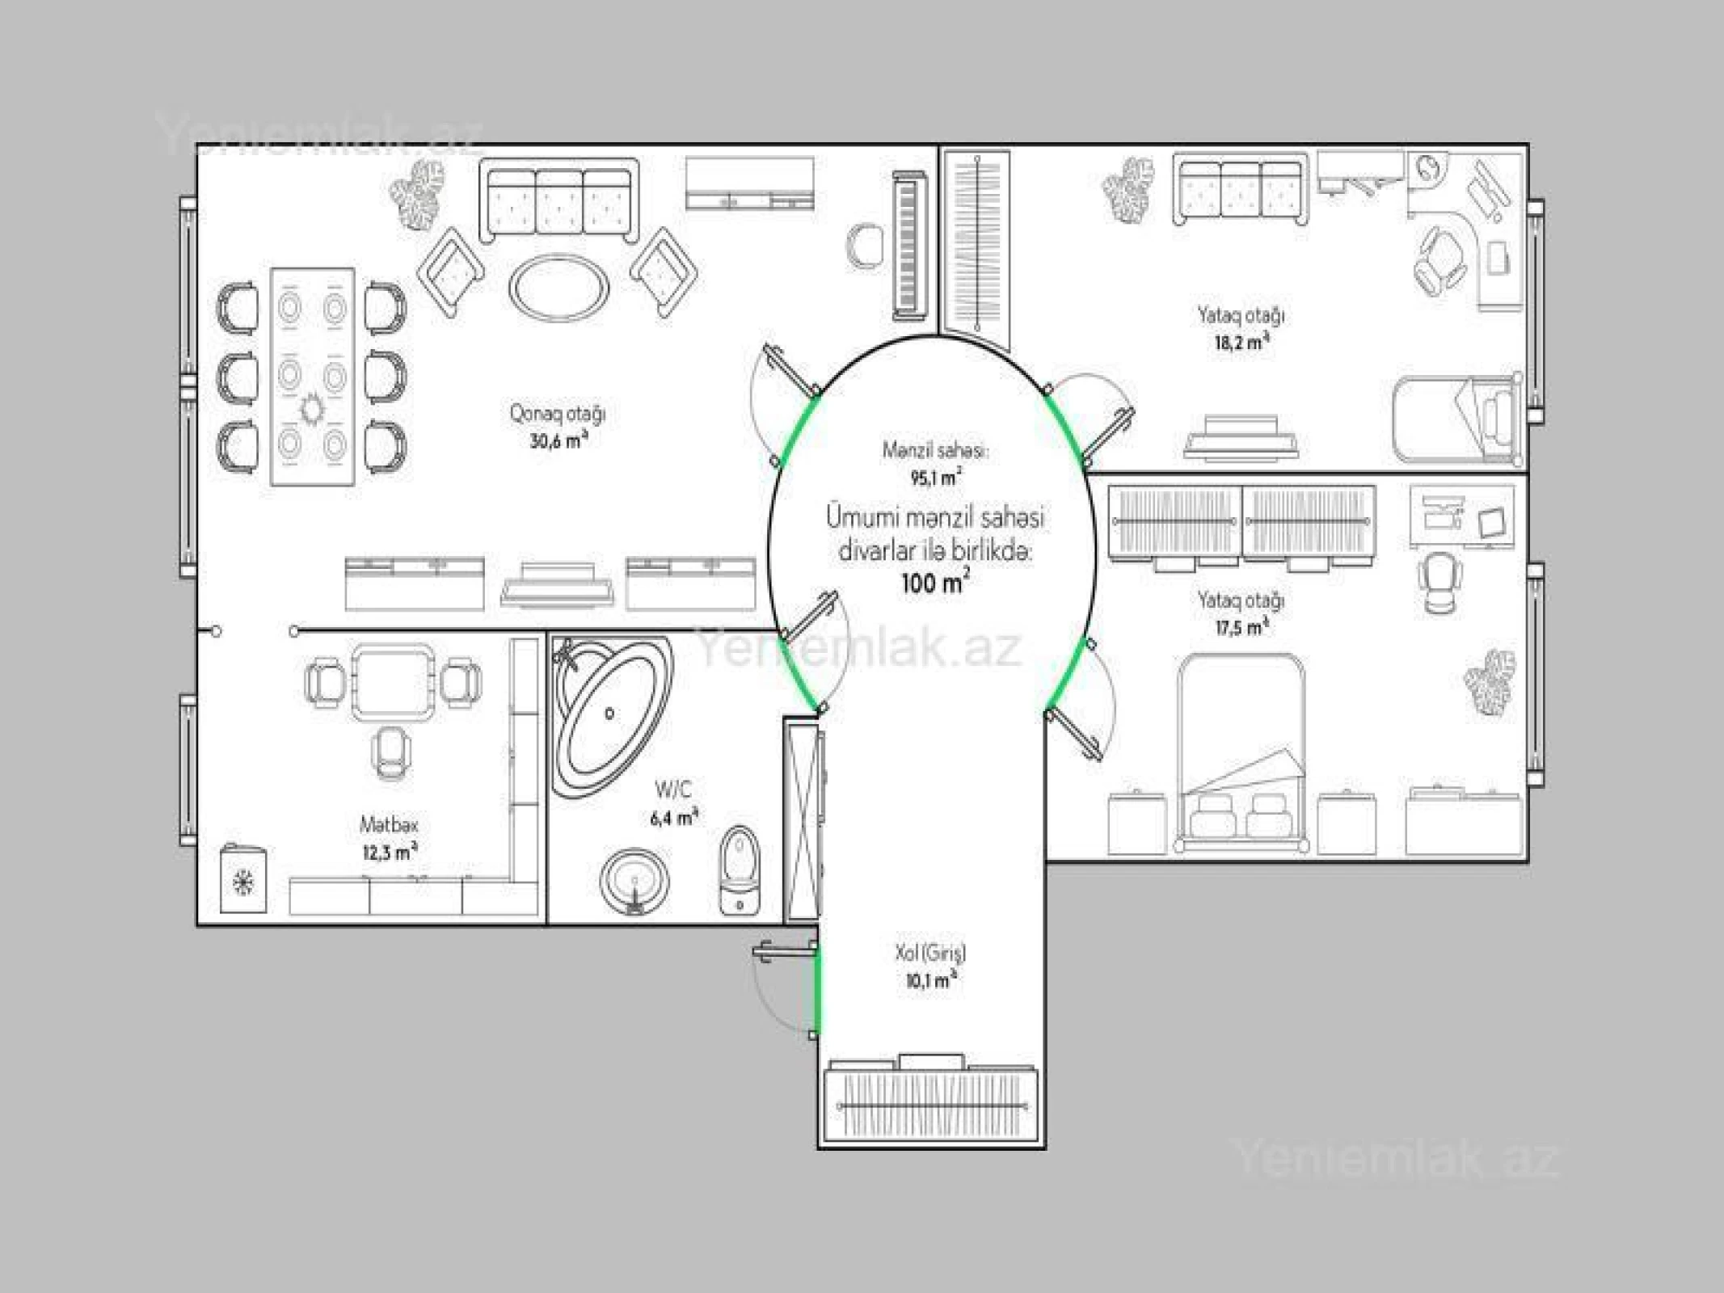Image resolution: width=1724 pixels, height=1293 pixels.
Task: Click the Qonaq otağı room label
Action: [x=557, y=414]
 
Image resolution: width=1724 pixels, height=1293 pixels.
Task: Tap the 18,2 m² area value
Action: [x=1241, y=342]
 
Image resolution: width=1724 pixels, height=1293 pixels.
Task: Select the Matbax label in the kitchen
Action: [x=389, y=825]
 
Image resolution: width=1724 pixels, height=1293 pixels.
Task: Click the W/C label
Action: [x=673, y=789]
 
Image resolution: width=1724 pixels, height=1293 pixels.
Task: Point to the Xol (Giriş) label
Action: [x=930, y=953]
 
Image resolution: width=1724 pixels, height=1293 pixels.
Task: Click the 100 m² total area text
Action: [x=935, y=582]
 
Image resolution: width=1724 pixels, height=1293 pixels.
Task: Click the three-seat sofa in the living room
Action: [x=559, y=202]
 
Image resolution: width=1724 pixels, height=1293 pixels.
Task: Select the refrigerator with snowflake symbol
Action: [x=243, y=880]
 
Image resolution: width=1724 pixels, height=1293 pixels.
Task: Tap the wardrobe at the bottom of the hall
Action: [x=931, y=1104]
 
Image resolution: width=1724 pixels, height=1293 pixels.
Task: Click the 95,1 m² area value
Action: [x=935, y=478]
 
